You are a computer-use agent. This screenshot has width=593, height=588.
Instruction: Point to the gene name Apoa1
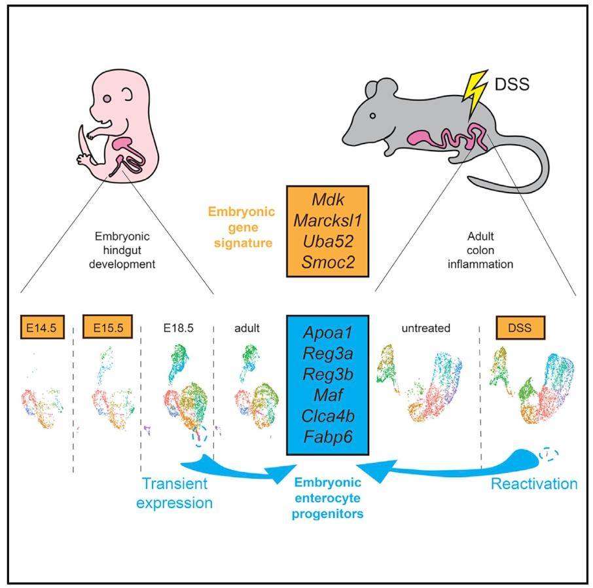(328, 333)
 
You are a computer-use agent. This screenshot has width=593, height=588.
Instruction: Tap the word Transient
(176, 483)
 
